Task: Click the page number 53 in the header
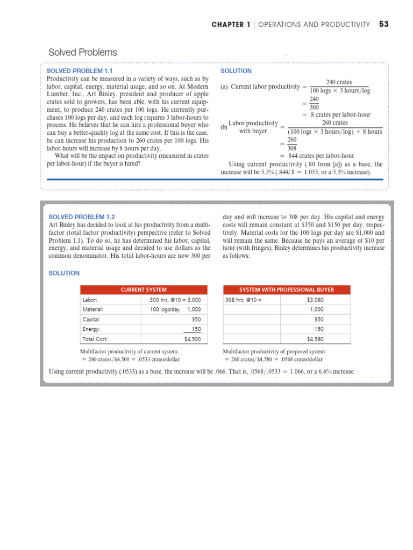point(383,24)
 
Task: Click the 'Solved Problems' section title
point(82,52)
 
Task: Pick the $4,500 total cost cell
point(192,339)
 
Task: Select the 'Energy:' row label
point(92,329)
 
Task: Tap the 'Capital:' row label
point(92,319)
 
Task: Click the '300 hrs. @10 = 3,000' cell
point(175,300)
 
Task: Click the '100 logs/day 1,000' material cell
point(175,309)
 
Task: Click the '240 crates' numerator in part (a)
point(339,82)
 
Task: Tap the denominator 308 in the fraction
point(291,148)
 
